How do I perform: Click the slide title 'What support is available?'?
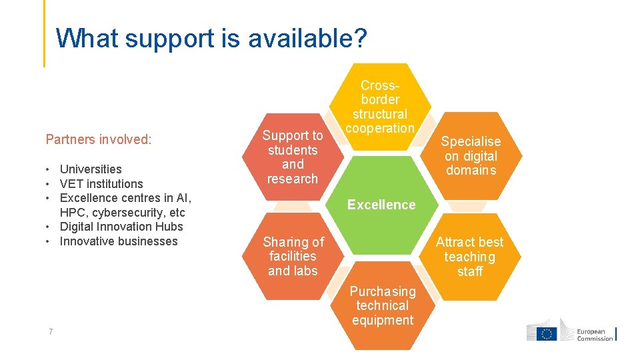[x=211, y=39]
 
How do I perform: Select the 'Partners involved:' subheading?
[x=99, y=139]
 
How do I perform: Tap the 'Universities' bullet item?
[x=91, y=169]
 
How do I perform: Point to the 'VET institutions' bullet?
[x=101, y=184]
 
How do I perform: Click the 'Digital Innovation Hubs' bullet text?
[x=122, y=227]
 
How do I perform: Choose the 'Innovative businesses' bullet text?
[x=119, y=241]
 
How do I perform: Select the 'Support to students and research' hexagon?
[x=293, y=157]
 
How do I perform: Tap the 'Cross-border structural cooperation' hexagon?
[x=381, y=107]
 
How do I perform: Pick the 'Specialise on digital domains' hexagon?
[x=471, y=156]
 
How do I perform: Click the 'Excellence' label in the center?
[x=381, y=205]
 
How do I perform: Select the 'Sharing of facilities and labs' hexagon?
[x=293, y=256]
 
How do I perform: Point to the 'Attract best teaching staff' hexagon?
[x=470, y=257]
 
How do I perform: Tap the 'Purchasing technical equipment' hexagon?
[x=382, y=306]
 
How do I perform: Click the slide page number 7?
[x=51, y=333]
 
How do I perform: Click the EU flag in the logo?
[x=547, y=334]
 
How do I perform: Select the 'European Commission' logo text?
[x=595, y=335]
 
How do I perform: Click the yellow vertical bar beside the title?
[x=45, y=33]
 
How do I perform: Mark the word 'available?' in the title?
[x=307, y=39]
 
